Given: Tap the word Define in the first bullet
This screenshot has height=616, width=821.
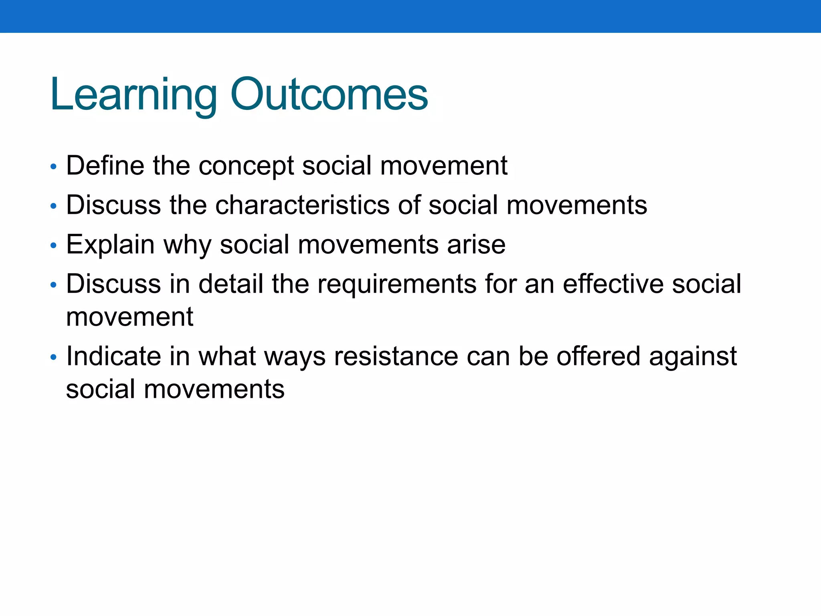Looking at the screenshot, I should click(105, 165).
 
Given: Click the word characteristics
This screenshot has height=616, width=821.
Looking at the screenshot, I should click(302, 205).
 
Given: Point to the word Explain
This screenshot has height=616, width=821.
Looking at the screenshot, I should click(110, 245).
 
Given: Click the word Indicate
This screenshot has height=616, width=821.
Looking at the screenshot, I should click(113, 356).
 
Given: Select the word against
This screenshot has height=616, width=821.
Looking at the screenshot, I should click(693, 357).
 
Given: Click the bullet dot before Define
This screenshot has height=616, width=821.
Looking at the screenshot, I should click(53, 167).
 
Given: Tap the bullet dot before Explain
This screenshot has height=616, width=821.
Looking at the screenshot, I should click(53, 246).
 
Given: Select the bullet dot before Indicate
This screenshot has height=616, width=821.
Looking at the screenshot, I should click(53, 357).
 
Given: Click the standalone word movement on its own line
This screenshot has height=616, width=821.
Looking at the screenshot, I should click(129, 317).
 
